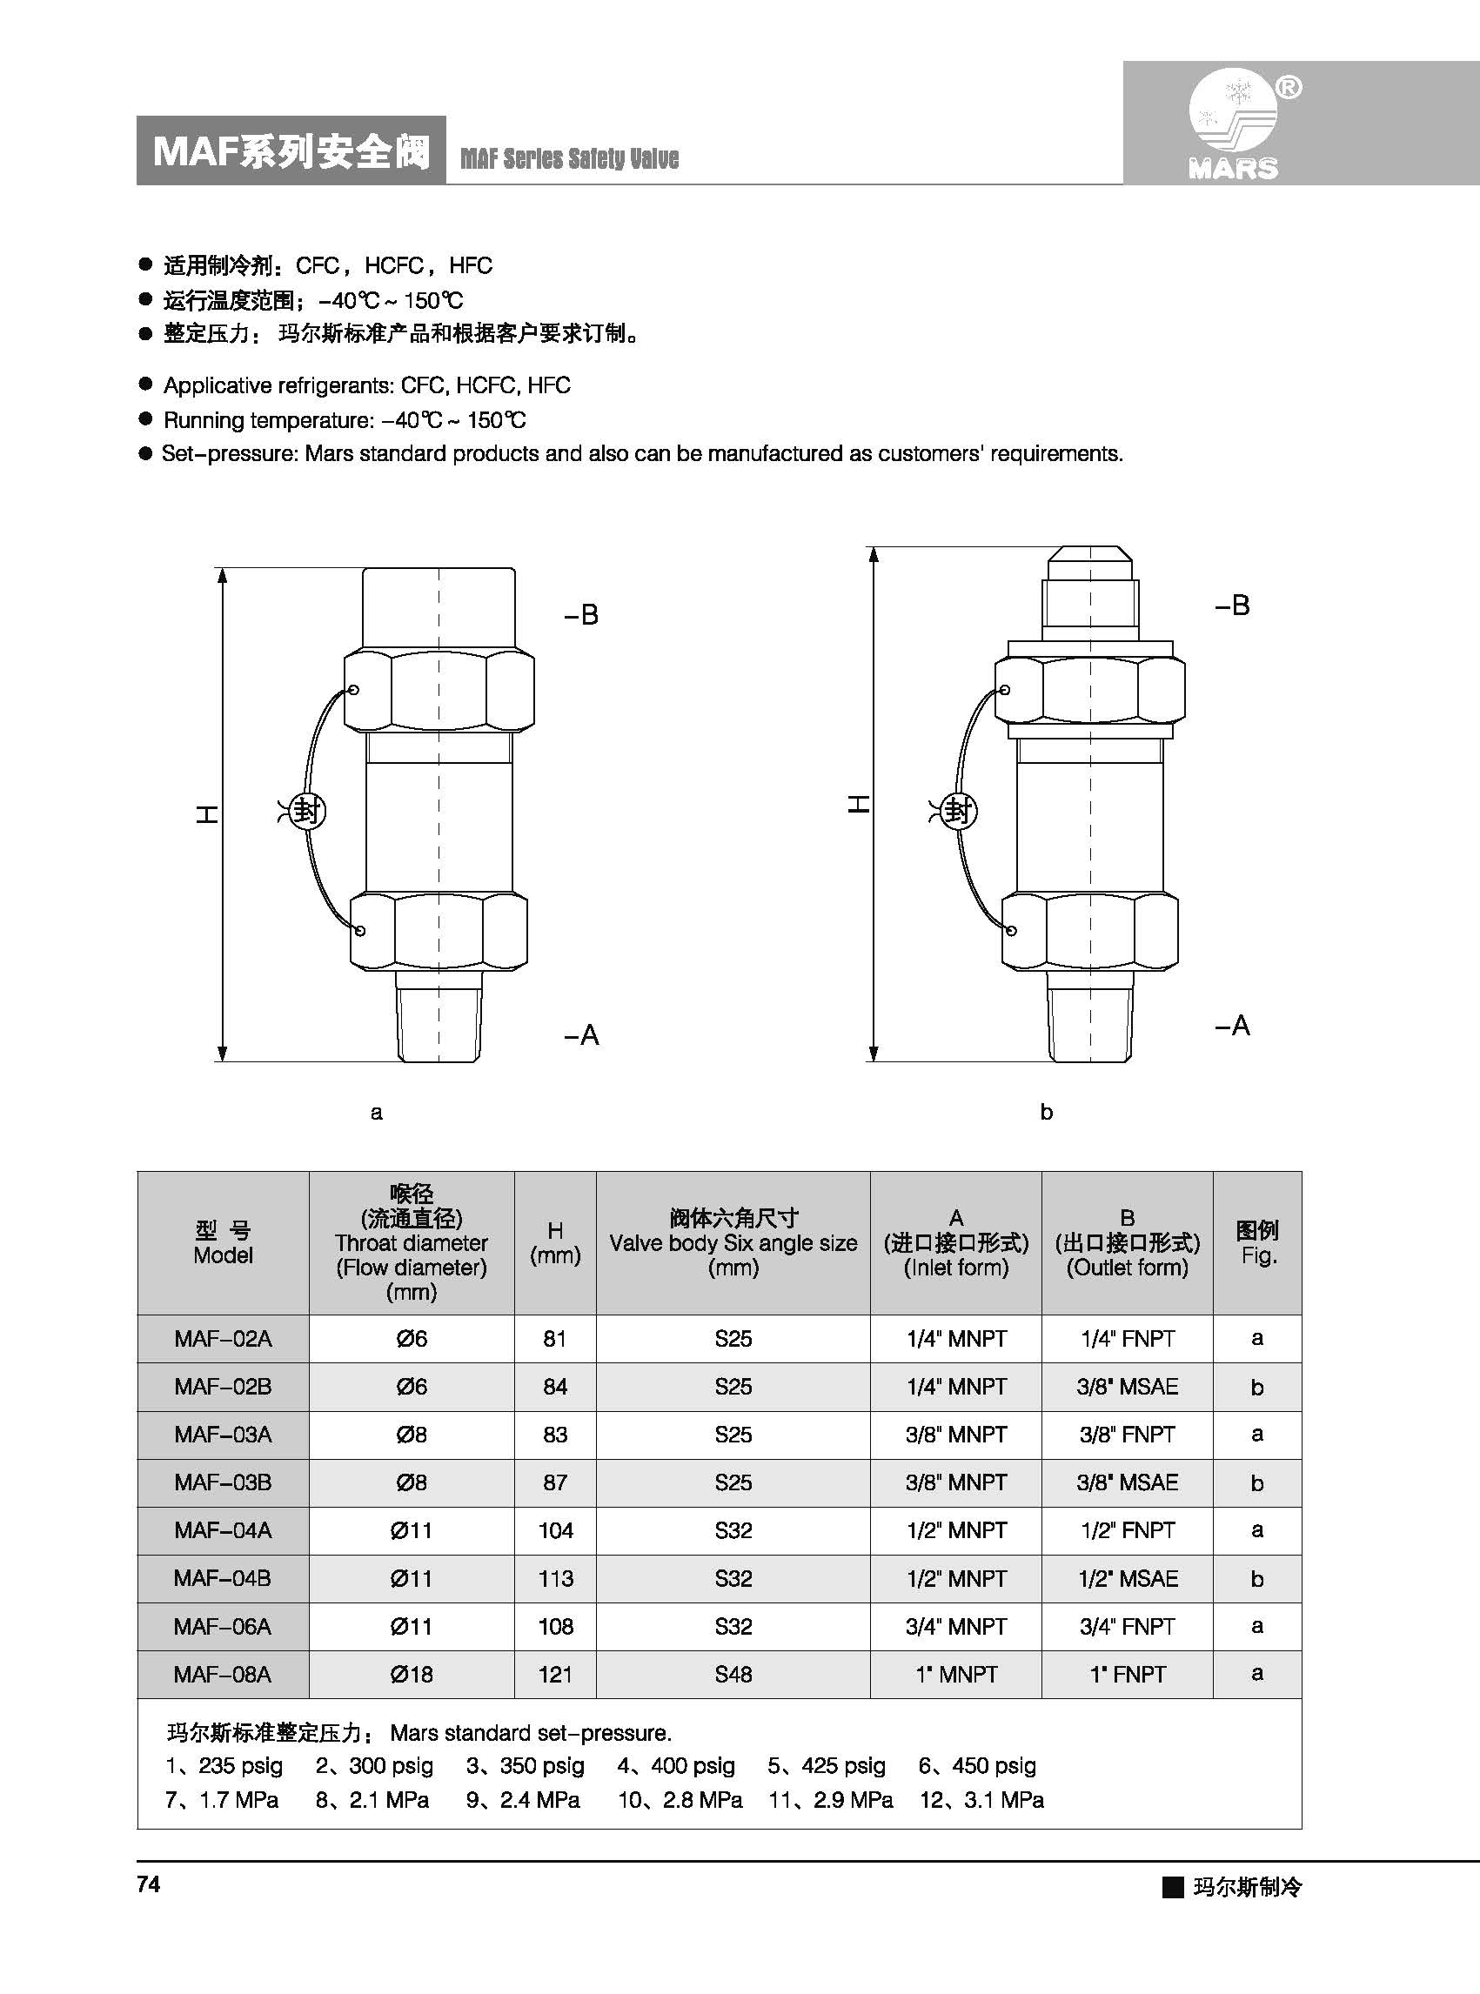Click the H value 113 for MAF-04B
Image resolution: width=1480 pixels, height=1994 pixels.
(555, 1578)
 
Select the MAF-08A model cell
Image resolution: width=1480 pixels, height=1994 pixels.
(223, 1674)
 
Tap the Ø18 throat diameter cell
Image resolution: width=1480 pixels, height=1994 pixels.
(412, 1674)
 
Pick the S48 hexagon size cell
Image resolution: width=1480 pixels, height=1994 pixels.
(733, 1674)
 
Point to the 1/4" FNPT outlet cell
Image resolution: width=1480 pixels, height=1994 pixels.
(1127, 1338)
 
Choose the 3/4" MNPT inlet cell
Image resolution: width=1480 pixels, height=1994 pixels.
(956, 1626)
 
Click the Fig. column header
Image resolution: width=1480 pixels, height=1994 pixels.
(1257, 1242)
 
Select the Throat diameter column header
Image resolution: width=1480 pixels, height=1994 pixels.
(412, 1242)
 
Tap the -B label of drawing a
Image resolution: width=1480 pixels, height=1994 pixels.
(580, 614)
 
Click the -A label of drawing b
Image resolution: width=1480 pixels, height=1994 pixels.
(1232, 1025)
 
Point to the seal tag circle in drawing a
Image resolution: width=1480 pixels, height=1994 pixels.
(308, 812)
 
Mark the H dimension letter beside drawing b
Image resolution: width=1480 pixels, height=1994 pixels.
(858, 804)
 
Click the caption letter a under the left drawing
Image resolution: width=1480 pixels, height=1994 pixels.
(376, 1113)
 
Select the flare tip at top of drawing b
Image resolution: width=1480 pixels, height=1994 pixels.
(1090, 565)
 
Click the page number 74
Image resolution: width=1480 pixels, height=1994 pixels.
(149, 1884)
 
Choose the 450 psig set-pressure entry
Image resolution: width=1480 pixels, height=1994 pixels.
(977, 1765)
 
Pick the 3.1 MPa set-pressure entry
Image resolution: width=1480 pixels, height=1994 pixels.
(982, 1800)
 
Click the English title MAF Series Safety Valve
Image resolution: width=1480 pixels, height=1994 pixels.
(569, 158)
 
